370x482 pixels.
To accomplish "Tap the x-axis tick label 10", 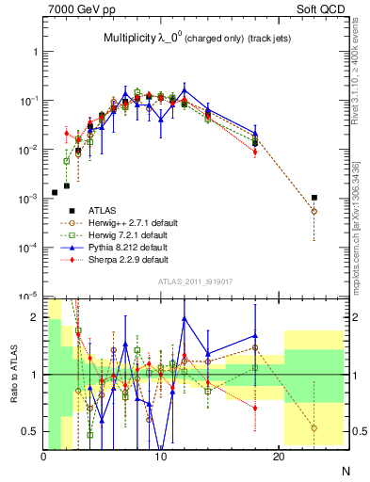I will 161,458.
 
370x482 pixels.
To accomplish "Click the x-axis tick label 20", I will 279,458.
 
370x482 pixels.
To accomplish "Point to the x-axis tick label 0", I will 43,458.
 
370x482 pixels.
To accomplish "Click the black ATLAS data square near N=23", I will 314,198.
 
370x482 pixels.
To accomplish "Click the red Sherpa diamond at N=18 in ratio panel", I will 255,408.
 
